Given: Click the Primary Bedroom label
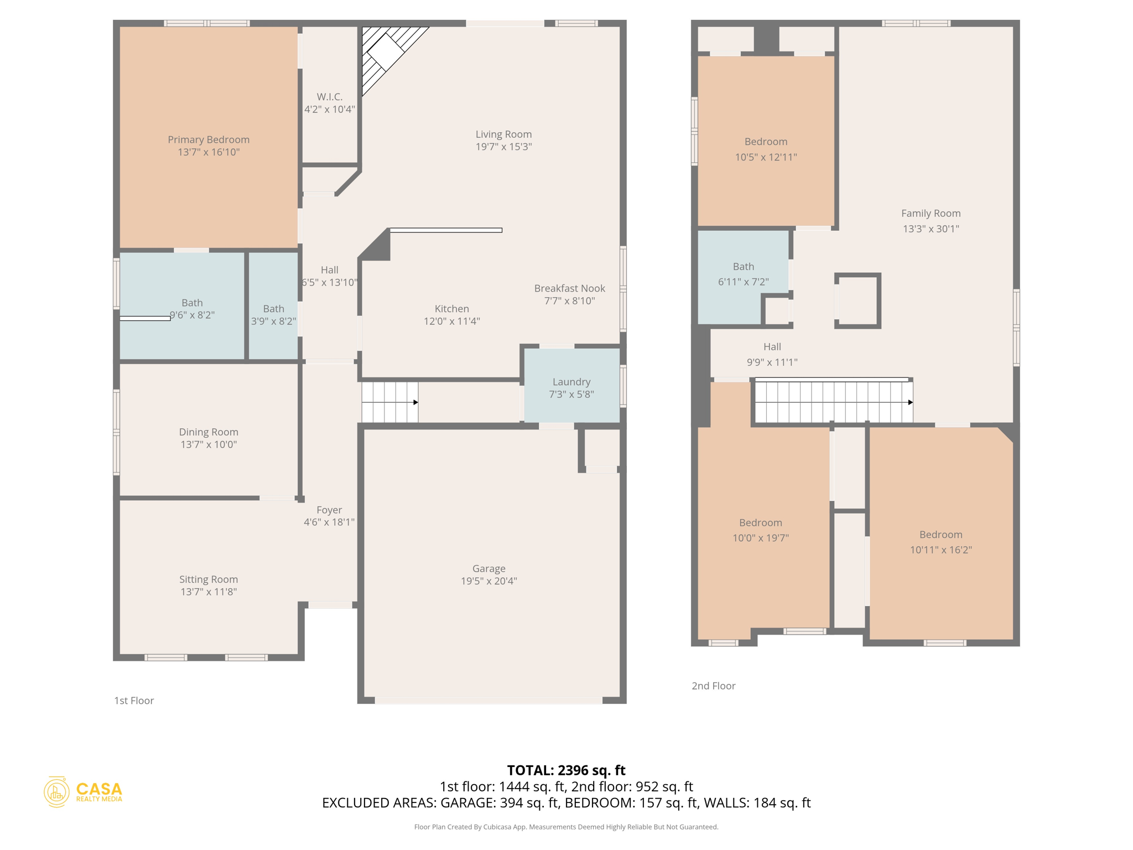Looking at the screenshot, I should (x=209, y=139).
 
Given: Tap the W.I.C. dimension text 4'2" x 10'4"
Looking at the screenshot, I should (x=330, y=110).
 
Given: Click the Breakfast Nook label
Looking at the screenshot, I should (x=569, y=288).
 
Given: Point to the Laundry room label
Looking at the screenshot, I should (x=571, y=382).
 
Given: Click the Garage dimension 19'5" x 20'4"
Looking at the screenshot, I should (x=488, y=581).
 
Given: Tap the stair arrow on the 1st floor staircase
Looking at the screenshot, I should (x=415, y=402).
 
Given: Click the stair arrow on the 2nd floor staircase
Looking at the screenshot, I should (x=910, y=402).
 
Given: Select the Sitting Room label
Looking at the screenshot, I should (x=209, y=579).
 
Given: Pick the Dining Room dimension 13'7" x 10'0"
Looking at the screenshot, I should (x=209, y=444).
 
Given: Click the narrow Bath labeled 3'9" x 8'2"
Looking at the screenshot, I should (x=273, y=314).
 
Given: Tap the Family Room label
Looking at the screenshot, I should (x=931, y=213).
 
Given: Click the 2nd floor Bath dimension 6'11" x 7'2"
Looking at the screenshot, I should (x=743, y=282).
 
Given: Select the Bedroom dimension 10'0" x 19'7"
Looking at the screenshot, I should (x=760, y=538).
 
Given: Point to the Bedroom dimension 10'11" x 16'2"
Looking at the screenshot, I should (x=940, y=550).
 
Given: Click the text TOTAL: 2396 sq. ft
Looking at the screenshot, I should (x=566, y=770).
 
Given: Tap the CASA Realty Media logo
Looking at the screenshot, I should (x=83, y=792).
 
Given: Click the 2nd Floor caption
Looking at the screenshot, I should (x=713, y=686).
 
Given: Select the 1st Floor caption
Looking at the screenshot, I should (x=134, y=701).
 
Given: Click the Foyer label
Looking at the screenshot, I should (x=329, y=510).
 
